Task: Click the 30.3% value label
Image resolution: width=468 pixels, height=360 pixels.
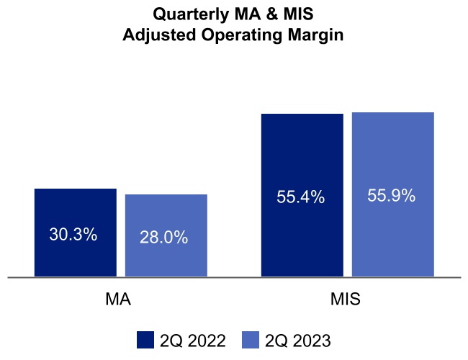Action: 73,234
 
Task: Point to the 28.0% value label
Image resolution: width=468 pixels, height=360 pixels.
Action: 165,237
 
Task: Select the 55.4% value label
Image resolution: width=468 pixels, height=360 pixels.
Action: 301,197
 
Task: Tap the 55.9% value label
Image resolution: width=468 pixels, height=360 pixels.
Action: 392,195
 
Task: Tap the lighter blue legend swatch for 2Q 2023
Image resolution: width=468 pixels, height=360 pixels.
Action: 250,340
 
